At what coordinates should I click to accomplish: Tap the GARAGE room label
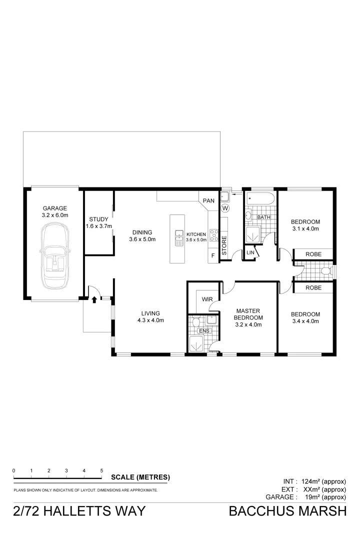tap(54, 208)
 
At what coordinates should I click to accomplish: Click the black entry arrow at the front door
tap(94, 299)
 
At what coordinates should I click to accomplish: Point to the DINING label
tap(142, 232)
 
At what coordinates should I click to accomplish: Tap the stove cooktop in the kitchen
tap(213, 235)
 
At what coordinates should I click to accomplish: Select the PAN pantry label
tap(208, 201)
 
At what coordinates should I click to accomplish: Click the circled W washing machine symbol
tap(225, 207)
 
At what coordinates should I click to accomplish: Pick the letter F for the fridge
tap(213, 256)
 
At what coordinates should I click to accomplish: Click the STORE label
tap(224, 245)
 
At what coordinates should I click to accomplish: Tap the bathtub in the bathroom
tap(260, 200)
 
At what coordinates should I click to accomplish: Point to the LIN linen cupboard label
tap(250, 253)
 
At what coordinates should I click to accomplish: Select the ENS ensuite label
tap(203, 330)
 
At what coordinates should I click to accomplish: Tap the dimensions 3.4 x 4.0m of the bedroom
tap(305, 321)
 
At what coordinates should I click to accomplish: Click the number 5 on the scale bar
tap(101, 470)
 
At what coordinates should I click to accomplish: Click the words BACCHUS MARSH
tap(287, 511)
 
